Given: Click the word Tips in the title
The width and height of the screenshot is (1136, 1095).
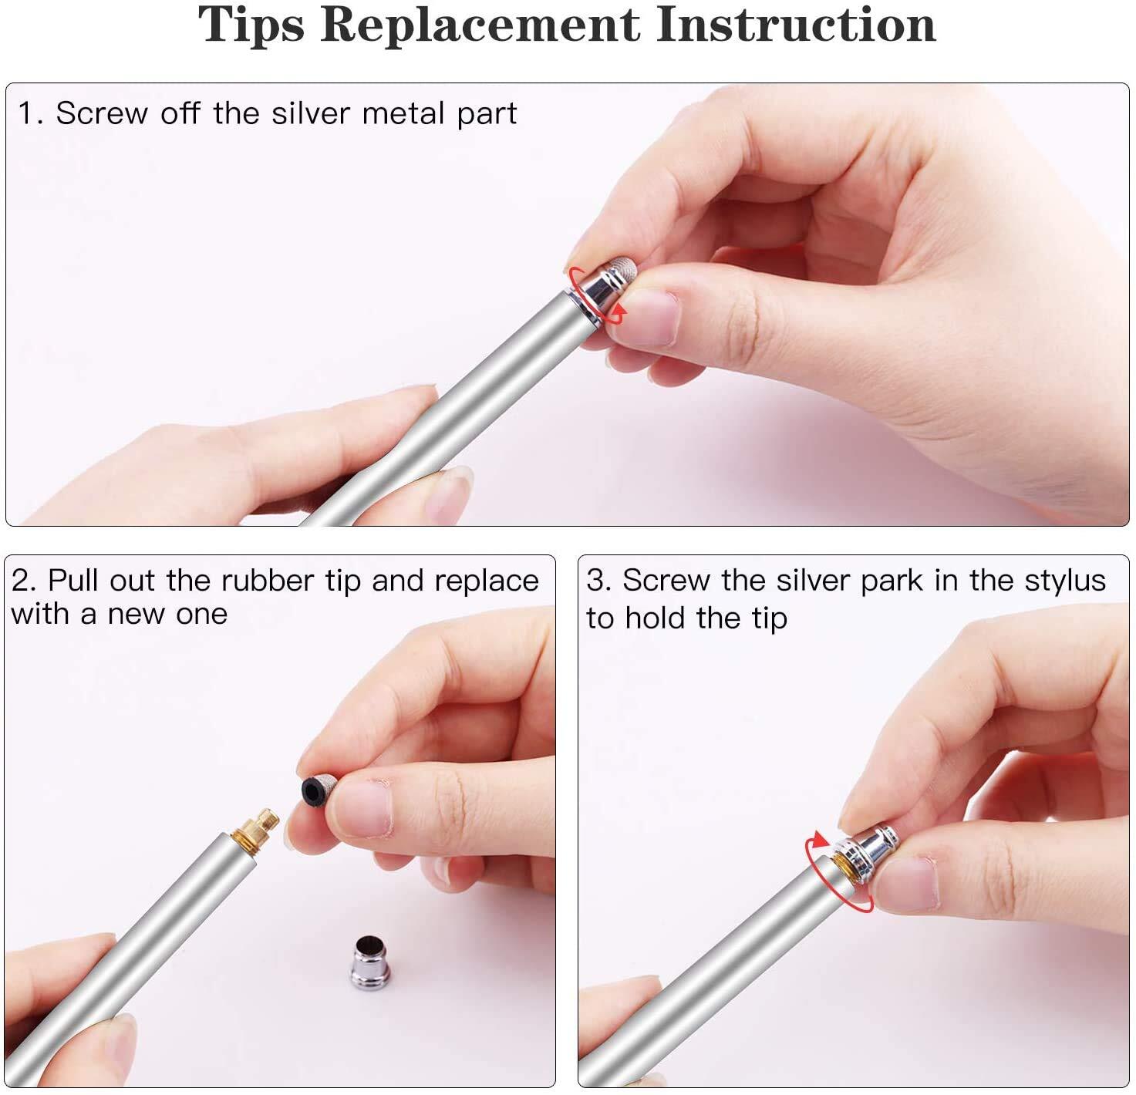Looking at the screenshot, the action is pos(251,25).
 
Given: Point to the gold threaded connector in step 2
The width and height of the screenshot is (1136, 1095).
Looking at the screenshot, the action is pos(255,830).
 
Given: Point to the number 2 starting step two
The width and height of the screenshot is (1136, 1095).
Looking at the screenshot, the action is pos(22,581).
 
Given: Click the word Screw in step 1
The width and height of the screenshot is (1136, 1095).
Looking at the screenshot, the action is pos(102,113).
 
